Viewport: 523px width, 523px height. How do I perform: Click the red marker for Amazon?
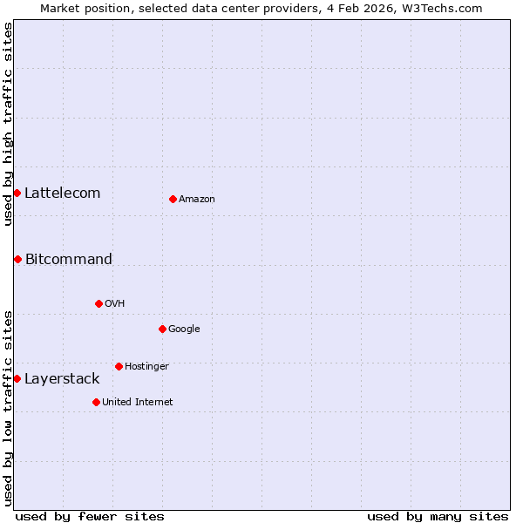pyautogui.click(x=173, y=200)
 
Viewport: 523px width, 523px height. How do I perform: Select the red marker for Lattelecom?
pyautogui.click(x=17, y=193)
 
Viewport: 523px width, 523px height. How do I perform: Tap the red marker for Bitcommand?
pyautogui.click(x=17, y=259)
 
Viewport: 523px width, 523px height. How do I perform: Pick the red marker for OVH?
pyautogui.click(x=98, y=303)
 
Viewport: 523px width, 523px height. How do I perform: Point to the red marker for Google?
pyautogui.click(x=162, y=329)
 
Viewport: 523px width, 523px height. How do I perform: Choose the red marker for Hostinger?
pyautogui.click(x=119, y=366)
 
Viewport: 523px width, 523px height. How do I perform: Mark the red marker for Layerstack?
pyautogui.click(x=17, y=378)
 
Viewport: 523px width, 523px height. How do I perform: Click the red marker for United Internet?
pyautogui.click(x=96, y=402)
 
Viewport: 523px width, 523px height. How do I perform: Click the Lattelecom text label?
pyautogui.click(x=63, y=194)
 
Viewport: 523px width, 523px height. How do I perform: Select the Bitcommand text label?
pyautogui.click(x=69, y=260)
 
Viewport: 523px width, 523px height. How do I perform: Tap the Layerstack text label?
pyautogui.click(x=62, y=379)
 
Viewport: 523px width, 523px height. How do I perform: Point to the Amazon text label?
pyautogui.click(x=197, y=200)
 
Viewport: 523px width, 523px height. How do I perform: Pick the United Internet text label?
pyautogui.click(x=138, y=403)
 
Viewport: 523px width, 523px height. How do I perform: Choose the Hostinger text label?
pyautogui.click(x=146, y=367)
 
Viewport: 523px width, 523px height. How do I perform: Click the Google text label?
pyautogui.click(x=184, y=329)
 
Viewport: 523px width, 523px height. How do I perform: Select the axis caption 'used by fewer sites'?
pyautogui.click(x=90, y=517)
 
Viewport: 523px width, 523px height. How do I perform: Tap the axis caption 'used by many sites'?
pyautogui.click(x=438, y=517)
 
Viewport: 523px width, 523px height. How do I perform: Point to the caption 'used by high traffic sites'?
pyautogui.click(x=8, y=124)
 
